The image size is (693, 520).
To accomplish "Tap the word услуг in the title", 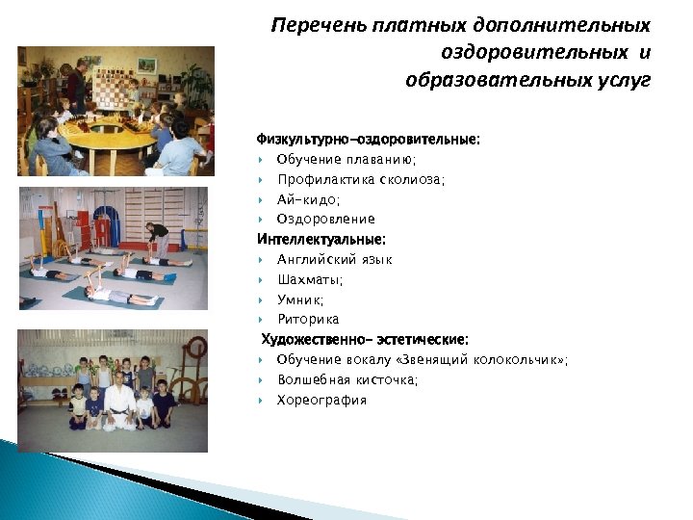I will coord(624,78).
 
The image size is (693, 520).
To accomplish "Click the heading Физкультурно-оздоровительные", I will coord(368,140).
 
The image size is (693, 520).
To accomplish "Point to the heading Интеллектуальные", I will coord(321,239).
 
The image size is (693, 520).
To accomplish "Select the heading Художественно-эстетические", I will coord(366,339).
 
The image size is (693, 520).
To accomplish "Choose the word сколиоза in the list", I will coord(410,180).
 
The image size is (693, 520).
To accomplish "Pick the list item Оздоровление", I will coord(325,220).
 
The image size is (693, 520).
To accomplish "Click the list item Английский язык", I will coord(334,260).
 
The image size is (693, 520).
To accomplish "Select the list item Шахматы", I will coord(310,280).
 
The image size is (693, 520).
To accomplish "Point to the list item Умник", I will coord(300,299).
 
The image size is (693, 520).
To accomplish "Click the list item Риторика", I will coord(308,320).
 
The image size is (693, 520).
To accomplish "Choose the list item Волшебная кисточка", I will coord(347,380).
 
